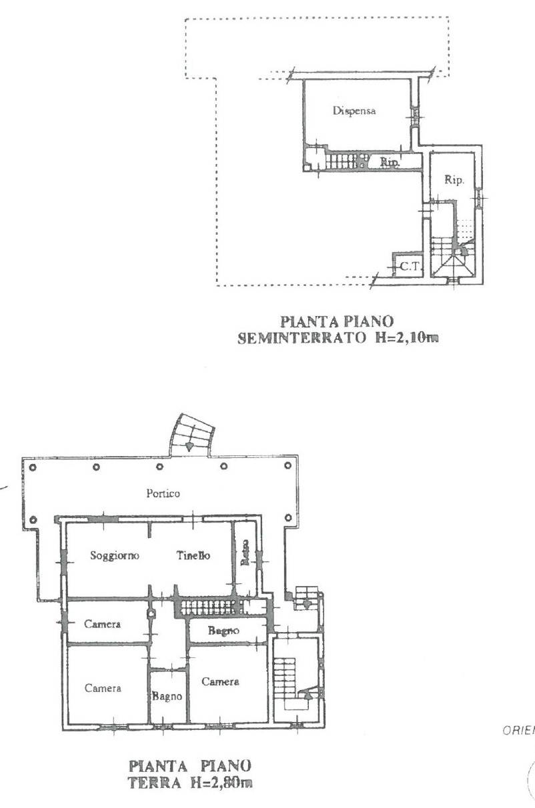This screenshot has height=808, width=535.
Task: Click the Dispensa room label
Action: pos(354,111)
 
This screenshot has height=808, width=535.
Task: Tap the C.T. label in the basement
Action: pos(408,267)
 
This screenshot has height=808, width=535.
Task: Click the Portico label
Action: pos(163,493)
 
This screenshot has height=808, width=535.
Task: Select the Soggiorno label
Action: pos(115,556)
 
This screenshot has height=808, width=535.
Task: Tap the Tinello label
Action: pos(193,556)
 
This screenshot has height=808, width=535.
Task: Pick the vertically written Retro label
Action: pos(245,553)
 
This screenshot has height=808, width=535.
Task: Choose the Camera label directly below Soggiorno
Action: pos(103,625)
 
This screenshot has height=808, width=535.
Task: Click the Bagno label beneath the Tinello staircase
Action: pos(223,630)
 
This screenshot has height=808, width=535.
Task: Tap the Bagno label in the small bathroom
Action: pos(167,696)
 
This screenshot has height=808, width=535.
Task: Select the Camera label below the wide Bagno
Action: pos(221,681)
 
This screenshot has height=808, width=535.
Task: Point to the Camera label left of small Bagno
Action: pos(103,688)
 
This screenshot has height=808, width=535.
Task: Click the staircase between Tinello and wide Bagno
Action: pos(210,607)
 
